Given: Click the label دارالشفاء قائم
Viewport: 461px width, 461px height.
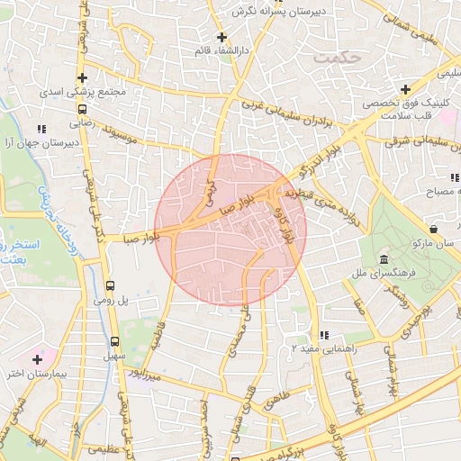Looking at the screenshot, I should click(x=221, y=50).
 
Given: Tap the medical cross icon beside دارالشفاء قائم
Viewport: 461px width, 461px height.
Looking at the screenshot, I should click(x=222, y=37).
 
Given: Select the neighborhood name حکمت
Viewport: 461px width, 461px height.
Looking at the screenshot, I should click(x=338, y=58).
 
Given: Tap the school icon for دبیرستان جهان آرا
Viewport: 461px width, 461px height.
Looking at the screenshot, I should click(x=45, y=129).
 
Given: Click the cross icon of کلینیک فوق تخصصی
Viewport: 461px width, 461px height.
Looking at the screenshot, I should click(x=406, y=89).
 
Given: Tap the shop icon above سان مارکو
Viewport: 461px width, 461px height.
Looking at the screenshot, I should click(x=435, y=228).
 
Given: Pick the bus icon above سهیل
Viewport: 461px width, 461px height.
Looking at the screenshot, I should click(x=114, y=341).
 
